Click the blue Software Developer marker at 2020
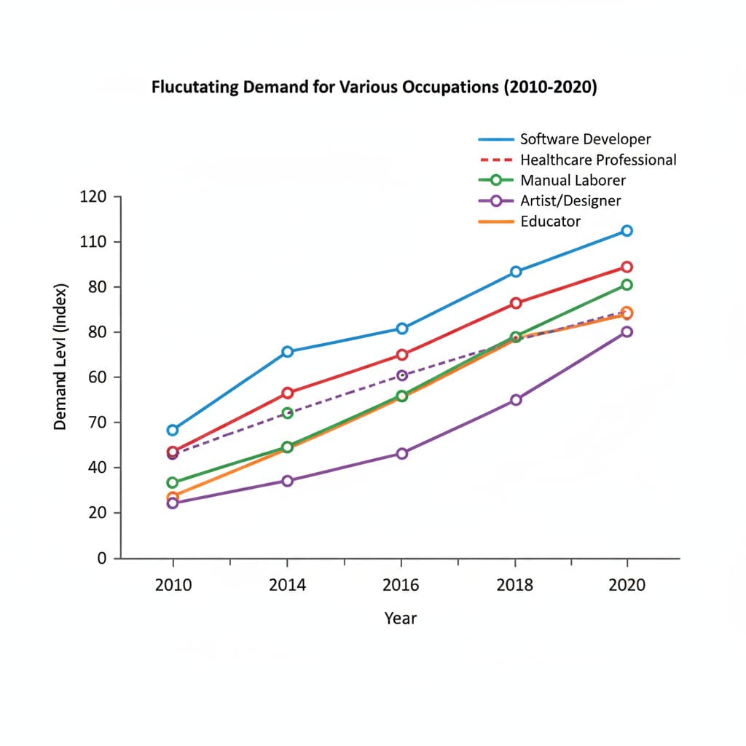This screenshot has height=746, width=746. [627, 230]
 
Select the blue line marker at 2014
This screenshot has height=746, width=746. [287, 351]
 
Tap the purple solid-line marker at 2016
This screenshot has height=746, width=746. [401, 453]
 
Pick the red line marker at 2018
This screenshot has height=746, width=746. [516, 303]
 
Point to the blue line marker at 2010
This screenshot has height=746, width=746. [173, 430]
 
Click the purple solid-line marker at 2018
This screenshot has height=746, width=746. [516, 400]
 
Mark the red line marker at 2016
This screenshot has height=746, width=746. [401, 355]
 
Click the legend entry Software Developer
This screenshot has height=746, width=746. [585, 139]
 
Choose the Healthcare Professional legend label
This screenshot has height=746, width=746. [598, 160]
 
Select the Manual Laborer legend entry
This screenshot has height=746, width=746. [573, 180]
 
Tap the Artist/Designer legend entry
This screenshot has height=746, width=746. [570, 200]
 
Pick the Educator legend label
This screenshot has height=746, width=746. [550, 221]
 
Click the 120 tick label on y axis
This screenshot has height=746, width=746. [94, 197]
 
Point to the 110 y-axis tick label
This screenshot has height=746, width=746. [94, 242]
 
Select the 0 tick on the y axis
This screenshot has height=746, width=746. [102, 558]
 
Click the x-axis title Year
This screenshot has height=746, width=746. [401, 619]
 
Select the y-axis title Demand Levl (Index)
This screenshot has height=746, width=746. [61, 356]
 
